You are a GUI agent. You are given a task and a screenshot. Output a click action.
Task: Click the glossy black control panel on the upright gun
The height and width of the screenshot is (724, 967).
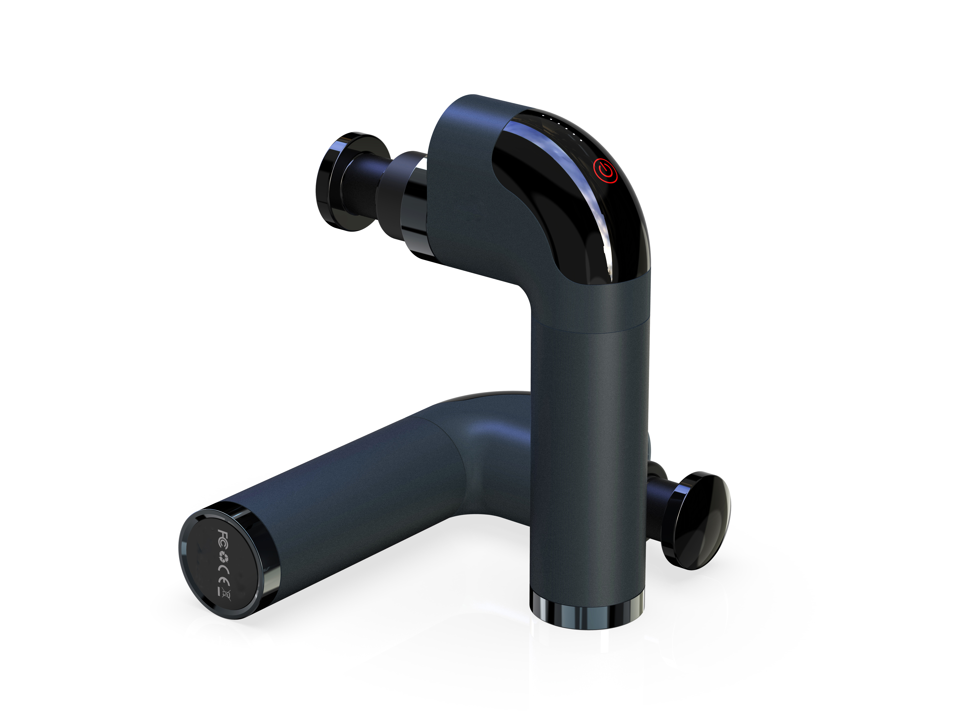coord(568,205)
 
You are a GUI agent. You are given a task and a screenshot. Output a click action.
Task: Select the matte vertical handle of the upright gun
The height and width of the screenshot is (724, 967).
coord(588,459)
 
